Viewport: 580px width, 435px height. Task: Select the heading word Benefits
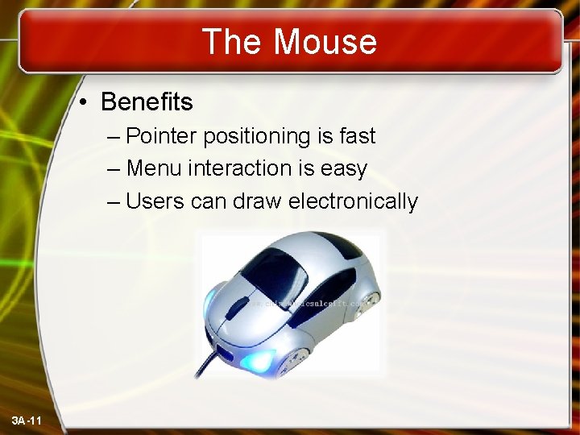click(147, 102)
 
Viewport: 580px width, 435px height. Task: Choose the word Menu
click(154, 168)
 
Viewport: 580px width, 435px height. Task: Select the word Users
click(155, 201)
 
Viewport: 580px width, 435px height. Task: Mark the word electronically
click(353, 201)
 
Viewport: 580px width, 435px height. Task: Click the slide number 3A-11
click(28, 421)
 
